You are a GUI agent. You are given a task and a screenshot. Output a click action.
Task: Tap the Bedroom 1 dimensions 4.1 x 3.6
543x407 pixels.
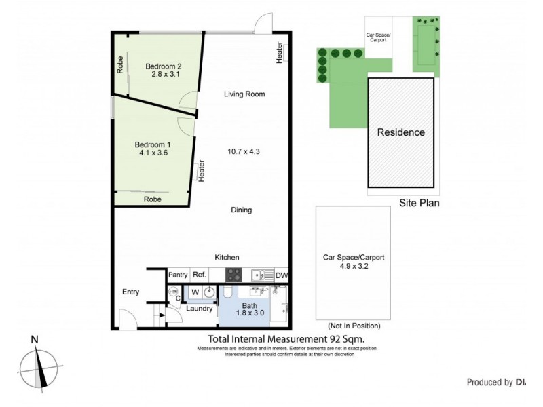tap(152, 154)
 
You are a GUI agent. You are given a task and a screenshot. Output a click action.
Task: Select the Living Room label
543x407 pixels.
tap(244, 94)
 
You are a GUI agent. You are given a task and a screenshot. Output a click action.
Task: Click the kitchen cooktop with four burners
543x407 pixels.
tap(234, 275)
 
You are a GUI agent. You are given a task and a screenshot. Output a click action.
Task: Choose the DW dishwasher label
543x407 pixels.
tap(282, 275)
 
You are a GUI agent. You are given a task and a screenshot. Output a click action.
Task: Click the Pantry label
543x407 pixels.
tap(177, 275)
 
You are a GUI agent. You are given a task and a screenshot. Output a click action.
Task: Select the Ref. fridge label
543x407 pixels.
tap(199, 275)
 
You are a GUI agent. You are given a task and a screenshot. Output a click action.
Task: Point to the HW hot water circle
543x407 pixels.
tap(172, 292)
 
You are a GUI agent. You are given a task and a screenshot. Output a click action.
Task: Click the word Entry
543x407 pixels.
tap(130, 292)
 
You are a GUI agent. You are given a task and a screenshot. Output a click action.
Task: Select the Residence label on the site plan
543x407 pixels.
tap(400, 132)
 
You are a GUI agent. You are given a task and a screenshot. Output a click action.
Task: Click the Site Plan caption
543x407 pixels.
tap(419, 202)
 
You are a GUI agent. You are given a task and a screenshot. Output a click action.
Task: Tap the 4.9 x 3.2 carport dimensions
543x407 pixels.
tap(354, 267)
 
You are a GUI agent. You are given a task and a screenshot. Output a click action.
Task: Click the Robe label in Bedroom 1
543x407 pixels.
tap(152, 200)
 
